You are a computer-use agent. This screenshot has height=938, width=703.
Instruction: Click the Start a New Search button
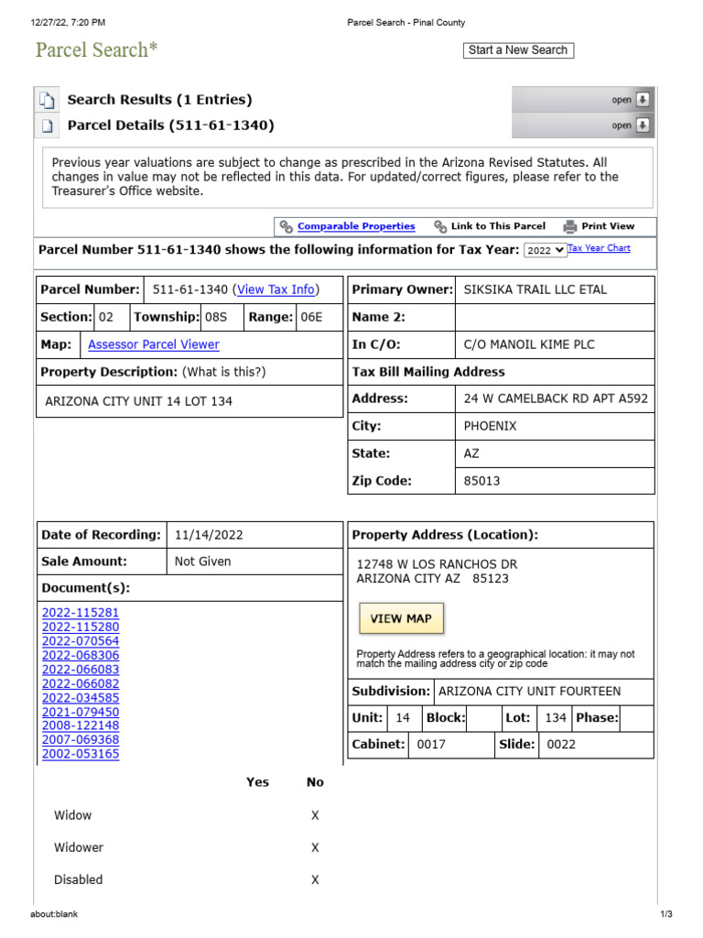point(518,50)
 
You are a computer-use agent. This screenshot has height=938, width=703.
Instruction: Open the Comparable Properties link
point(356,226)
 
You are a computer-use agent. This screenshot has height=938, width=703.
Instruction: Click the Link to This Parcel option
point(497,226)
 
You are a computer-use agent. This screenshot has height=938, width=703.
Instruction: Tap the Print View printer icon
point(570,226)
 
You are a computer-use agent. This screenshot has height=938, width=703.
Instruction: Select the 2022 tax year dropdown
point(545,250)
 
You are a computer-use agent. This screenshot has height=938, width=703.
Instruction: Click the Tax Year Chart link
point(599,248)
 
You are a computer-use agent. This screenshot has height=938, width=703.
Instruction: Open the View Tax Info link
point(276,289)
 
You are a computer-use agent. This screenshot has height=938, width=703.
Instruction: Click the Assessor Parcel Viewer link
point(154,344)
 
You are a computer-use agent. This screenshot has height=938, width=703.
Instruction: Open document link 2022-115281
point(81,613)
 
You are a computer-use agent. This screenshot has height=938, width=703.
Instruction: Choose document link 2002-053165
point(81,754)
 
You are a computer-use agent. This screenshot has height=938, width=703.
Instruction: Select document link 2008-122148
point(81,725)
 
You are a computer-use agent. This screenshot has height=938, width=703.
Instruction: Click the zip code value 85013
point(482,481)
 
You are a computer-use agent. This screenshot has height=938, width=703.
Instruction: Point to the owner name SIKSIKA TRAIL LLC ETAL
point(535,289)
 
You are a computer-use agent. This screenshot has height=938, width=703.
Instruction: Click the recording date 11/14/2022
point(209,535)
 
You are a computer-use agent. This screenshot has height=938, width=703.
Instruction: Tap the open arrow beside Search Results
point(644,100)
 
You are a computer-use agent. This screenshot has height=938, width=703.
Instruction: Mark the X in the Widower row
point(315,847)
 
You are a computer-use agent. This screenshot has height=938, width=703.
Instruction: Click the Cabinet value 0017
point(431,745)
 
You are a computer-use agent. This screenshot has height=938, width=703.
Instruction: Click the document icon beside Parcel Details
point(48,125)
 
